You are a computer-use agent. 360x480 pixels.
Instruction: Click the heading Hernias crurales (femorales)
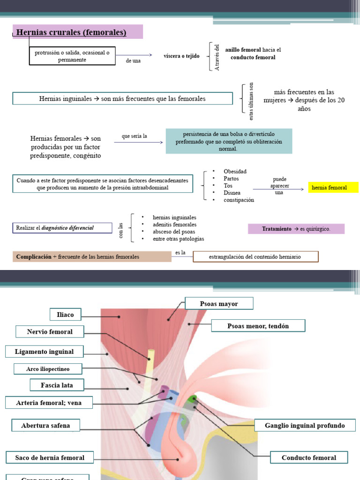72,32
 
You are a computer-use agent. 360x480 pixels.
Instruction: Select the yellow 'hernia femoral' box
333,187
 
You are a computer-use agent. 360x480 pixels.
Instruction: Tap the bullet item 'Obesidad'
235,172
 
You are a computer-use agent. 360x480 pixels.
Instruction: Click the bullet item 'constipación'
239,200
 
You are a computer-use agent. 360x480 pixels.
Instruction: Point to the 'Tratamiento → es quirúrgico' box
296,229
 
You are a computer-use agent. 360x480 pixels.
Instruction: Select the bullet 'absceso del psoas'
174,232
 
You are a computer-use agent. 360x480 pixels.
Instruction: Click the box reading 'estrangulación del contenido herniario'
255,256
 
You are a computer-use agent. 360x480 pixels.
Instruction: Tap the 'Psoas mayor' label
219,304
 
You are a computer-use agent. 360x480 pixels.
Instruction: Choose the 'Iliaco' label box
65,315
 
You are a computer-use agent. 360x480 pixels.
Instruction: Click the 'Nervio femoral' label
50,332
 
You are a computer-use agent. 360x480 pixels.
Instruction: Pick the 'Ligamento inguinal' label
45,351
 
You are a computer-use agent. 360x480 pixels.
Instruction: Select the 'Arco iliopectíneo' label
48,369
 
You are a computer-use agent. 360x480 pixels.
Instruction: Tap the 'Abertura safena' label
45,426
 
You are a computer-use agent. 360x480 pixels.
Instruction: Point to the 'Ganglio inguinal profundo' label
305,426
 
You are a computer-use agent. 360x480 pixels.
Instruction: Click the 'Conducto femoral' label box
309,457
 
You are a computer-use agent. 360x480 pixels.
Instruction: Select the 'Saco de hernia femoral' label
50,457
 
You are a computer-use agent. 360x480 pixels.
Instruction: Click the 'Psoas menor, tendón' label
258,326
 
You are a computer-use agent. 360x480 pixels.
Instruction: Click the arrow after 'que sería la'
138,142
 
